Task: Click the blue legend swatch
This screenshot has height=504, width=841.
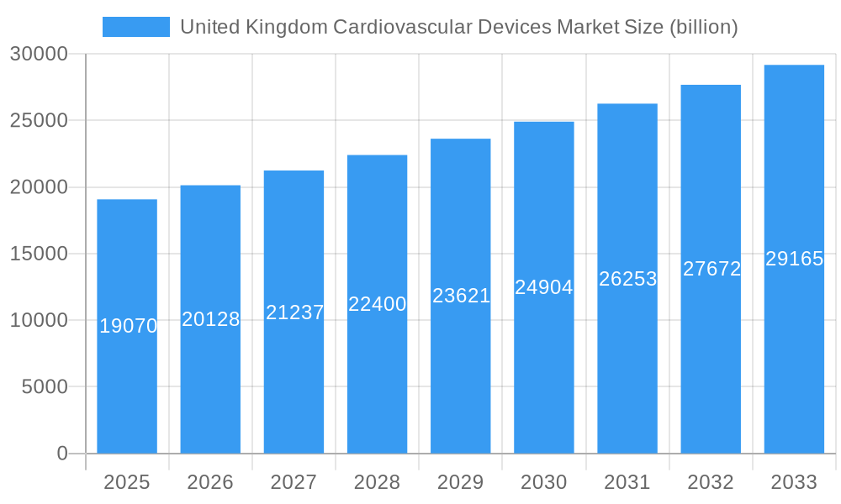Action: point(135,27)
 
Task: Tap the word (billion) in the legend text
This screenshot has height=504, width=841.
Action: point(703,27)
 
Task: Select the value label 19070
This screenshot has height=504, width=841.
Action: point(128,326)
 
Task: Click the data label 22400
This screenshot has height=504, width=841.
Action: point(377,304)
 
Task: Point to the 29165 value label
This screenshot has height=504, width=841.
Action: point(794,259)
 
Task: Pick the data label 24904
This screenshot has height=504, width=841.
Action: point(543,287)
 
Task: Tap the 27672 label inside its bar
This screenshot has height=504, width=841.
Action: point(711,269)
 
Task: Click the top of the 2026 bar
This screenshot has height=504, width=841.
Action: point(210,186)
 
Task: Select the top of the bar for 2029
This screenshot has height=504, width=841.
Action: point(460,139)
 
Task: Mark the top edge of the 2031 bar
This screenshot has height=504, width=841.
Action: point(627,105)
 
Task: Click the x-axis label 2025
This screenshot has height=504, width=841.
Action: point(126,482)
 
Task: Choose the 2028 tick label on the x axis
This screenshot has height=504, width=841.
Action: point(377,482)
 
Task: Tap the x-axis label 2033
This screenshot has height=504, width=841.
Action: point(794,482)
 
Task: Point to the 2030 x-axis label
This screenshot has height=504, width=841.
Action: point(543,482)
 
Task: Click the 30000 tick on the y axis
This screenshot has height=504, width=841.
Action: point(38,54)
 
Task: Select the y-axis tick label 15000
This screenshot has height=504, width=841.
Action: point(38,254)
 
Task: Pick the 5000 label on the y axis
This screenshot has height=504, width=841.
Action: point(43,386)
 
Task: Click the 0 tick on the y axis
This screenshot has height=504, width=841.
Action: point(62,454)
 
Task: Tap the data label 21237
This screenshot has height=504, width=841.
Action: point(294,312)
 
